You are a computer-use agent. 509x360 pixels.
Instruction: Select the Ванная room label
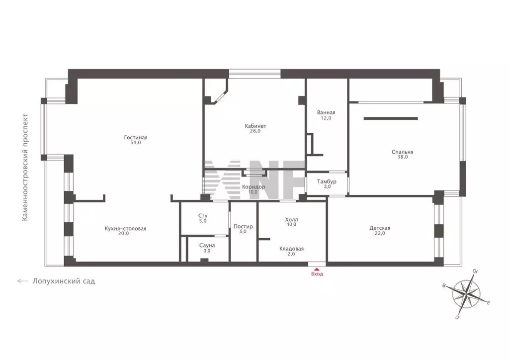tap(326, 112)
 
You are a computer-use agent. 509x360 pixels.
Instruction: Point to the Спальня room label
tap(402, 152)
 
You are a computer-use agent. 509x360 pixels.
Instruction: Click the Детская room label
tap(380, 228)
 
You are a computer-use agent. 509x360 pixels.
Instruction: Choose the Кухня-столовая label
tap(125, 229)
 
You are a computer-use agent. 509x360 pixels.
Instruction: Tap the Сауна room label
tap(207, 245)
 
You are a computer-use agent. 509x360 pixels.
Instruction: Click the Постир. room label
tap(244, 227)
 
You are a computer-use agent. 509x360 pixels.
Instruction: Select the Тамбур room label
tap(327, 181)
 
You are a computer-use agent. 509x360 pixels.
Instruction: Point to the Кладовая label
tap(291, 249)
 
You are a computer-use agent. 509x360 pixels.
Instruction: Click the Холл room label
tap(291, 219)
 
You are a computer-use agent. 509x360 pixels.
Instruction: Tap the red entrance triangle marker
tap(317, 269)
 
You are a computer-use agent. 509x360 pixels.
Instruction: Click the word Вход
tap(317, 274)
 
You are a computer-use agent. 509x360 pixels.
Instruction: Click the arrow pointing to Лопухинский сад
tap(22, 281)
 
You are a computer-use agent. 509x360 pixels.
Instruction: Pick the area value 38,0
tap(402, 157)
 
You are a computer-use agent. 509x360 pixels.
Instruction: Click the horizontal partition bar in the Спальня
tap(391, 118)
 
